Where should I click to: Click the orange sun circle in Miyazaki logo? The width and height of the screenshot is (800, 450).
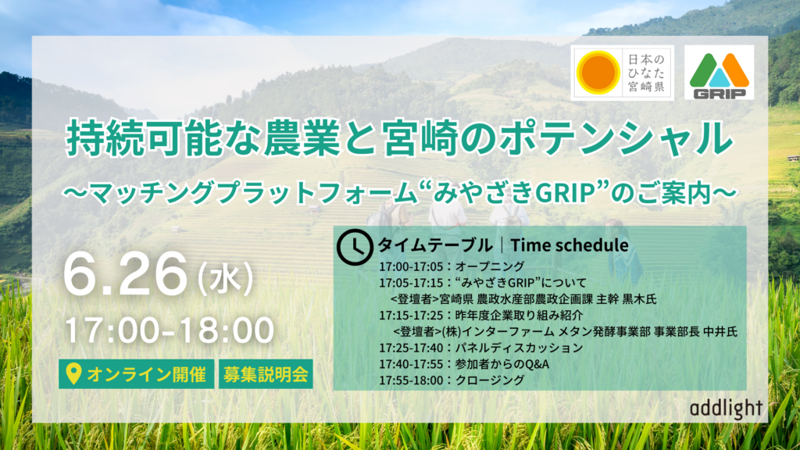[x=598, y=73]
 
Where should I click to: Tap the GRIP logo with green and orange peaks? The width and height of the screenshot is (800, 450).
[x=719, y=73]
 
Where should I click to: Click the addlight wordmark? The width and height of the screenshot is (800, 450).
[x=727, y=408]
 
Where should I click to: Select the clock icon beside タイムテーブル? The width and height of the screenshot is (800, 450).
[x=355, y=247]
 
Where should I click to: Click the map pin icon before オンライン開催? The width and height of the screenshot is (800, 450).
[x=74, y=374]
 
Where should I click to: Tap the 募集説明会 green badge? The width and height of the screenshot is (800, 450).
[x=266, y=374]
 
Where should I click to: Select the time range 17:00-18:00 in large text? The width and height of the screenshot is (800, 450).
[x=170, y=330]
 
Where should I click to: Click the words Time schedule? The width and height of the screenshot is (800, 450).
[x=570, y=245]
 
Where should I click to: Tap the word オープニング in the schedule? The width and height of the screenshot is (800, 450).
[x=490, y=266]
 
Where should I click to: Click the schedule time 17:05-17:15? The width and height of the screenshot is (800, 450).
[x=411, y=283]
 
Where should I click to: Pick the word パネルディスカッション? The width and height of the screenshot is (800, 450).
[x=519, y=348]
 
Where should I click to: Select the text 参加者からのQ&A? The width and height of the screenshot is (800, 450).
[x=502, y=364]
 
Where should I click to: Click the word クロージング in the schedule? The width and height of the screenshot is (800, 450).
[x=490, y=380]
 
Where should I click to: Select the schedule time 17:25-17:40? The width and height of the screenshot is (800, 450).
[x=411, y=348]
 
